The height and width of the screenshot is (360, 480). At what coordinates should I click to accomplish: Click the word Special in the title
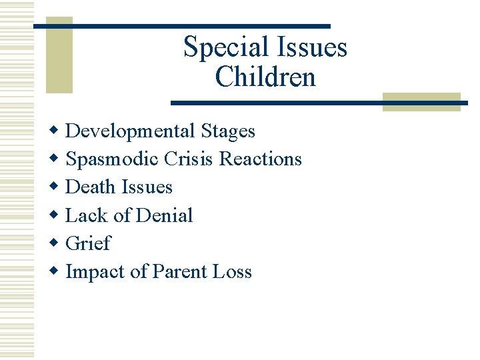[x=221, y=48]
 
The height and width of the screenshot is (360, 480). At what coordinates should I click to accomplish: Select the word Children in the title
[x=265, y=77]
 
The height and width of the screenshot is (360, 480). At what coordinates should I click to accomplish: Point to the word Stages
[x=229, y=131]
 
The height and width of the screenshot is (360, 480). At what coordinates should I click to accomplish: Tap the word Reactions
[x=261, y=159]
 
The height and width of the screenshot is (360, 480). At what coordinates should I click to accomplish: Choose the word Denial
[x=165, y=215]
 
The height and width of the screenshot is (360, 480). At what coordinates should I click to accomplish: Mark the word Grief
[x=88, y=243]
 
